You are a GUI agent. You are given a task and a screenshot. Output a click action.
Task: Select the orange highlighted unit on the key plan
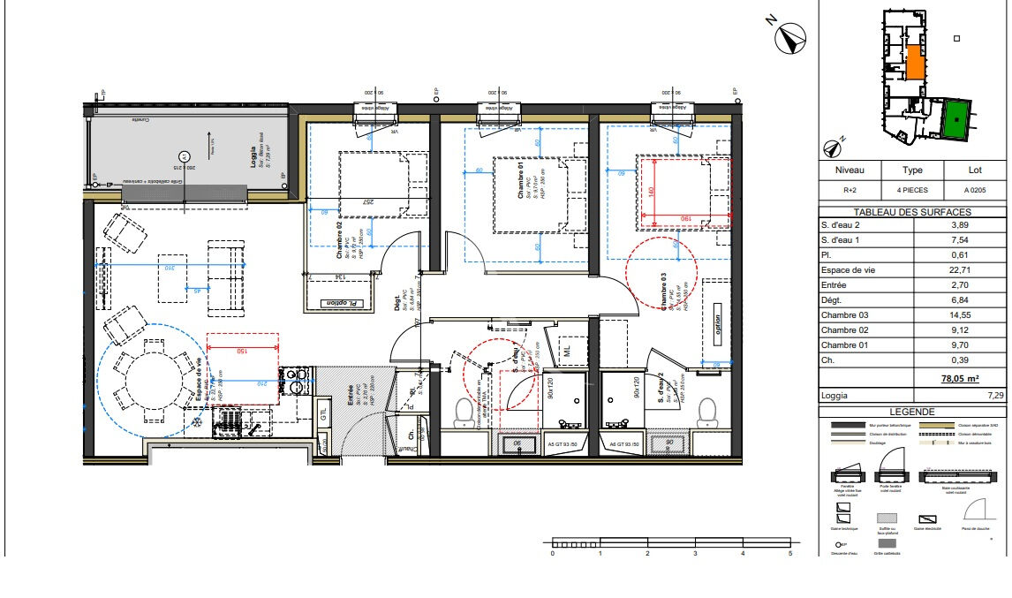click(915, 64)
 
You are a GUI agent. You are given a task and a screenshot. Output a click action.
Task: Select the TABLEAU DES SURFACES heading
click(912, 212)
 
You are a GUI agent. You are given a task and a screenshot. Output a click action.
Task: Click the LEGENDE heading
click(912, 412)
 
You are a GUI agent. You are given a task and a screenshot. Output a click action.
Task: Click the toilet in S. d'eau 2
click(707, 410)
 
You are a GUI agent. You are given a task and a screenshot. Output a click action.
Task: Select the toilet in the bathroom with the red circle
click(463, 410)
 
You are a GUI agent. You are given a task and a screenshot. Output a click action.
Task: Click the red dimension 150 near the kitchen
click(241, 351)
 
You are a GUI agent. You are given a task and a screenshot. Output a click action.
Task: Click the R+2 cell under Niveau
click(849, 190)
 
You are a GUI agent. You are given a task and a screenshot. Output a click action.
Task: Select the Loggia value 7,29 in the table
click(996, 395)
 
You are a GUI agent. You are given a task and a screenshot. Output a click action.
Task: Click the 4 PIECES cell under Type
click(912, 190)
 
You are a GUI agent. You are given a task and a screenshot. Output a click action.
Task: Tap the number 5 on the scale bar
click(790, 554)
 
